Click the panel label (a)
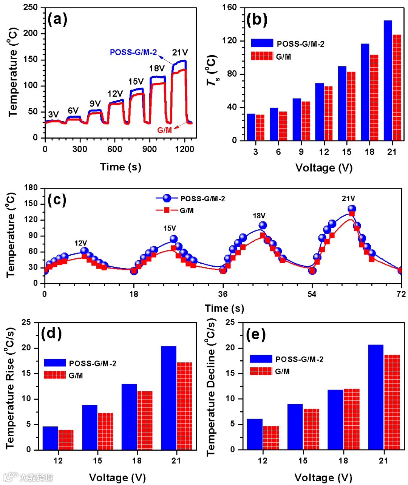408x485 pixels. pyautogui.click(x=57, y=19)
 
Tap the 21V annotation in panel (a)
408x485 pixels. pyautogui.click(x=180, y=53)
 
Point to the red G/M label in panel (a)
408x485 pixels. pyautogui.click(x=164, y=130)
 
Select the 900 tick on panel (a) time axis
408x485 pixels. pyautogui.click(x=150, y=149)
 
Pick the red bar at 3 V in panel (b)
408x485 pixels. pyautogui.click(x=260, y=127)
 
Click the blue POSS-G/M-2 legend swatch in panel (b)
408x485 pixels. pyautogui.click(x=262, y=43)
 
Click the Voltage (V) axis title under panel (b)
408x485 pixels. pyautogui.click(x=324, y=168)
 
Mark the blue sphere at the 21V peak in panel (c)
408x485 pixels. pyautogui.click(x=352, y=209)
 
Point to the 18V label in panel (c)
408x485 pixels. pyautogui.click(x=259, y=216)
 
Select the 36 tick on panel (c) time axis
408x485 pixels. pyautogui.click(x=223, y=294)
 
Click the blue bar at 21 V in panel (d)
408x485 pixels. pyautogui.click(x=168, y=398)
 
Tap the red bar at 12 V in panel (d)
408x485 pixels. pyautogui.click(x=66, y=440)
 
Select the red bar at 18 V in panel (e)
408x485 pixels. pyautogui.click(x=351, y=419)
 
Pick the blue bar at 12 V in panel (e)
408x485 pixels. pyautogui.click(x=255, y=434)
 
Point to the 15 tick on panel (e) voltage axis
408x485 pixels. pyautogui.click(x=303, y=461)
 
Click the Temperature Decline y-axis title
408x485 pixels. pyautogui.click(x=210, y=387)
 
